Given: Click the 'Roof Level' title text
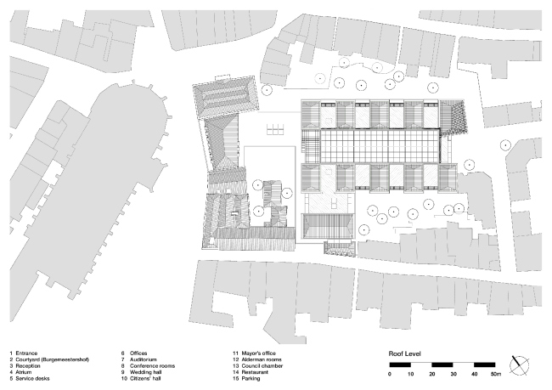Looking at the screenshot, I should pyautogui.click(x=405, y=353).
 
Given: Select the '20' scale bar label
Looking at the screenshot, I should pyautogui.click(x=432, y=373).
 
